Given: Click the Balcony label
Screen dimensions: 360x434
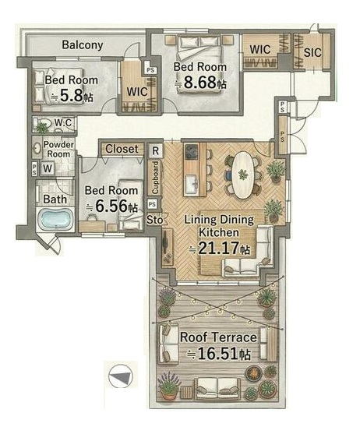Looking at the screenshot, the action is coord(83,45).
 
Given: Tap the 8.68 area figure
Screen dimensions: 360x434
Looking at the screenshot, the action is coord(199,83).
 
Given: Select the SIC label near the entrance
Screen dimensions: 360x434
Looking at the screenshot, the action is coord(312,52).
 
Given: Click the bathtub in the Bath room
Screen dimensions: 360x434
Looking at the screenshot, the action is coord(55,219).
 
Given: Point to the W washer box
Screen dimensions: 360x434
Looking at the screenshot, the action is coord(48,168).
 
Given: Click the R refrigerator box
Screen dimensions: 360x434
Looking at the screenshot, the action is coord(155,151).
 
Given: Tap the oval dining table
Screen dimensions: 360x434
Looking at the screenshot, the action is coord(242,175).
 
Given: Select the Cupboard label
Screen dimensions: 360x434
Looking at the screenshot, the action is coord(156,178).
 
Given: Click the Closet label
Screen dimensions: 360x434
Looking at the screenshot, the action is coord(122,149).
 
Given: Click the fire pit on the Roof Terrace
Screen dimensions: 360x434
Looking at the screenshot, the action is coord(253,373).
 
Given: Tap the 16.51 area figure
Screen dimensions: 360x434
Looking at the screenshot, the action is coord(217,354).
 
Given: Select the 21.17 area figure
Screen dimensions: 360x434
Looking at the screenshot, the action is coord(219,248).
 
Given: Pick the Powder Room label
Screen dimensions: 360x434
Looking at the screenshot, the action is coord(58,149).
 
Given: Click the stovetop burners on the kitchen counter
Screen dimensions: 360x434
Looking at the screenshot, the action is coord(191,152).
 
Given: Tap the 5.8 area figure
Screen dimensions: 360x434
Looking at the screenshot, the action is coord(72,96).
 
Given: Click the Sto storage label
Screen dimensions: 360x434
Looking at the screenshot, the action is coord(155,220).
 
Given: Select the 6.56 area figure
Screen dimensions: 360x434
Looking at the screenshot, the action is coord(111,206).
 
